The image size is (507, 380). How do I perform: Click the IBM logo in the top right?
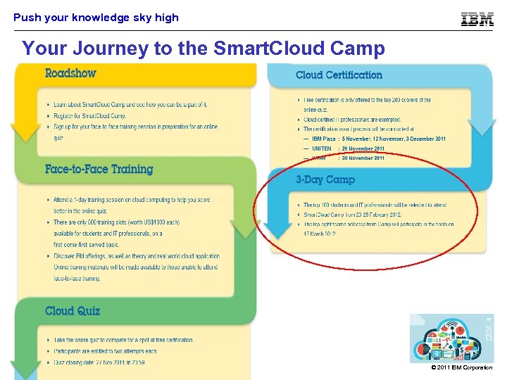tap(477, 19)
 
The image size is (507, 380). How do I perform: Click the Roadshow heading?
tap(70, 73)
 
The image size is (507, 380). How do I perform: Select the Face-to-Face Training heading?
tap(99, 169)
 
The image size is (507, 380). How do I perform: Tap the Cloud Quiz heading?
tap(73, 311)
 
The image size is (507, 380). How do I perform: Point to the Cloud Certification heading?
tap(339, 75)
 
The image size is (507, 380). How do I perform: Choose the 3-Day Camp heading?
tap(325, 179)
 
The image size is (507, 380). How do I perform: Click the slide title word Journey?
tap(96, 49)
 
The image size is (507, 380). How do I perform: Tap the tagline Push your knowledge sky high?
tap(96, 18)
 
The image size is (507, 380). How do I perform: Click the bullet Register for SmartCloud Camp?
tap(90, 115)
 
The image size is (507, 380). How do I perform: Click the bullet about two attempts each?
tap(106, 351)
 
